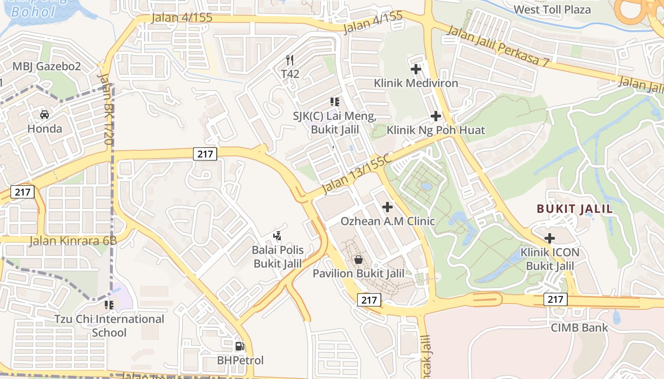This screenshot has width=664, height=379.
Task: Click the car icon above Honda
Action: pos(44,115)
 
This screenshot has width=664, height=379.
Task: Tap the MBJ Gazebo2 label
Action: pos(46,66)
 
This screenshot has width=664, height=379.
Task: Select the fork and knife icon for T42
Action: pos(290,60)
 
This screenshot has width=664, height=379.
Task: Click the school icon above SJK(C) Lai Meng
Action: pos(335,102)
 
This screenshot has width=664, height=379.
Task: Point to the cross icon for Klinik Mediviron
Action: pos(416,69)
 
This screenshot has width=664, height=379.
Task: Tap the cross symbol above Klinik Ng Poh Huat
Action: pos(435,116)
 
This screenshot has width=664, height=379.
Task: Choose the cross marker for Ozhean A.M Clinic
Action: pos(387,207)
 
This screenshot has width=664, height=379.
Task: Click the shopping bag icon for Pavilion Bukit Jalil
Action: pos(359,260)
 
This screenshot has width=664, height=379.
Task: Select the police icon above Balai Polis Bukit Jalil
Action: pos(277,235)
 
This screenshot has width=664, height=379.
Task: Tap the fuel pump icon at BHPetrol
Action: pos(240,346)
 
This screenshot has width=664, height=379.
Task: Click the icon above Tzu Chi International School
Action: pos(109,305)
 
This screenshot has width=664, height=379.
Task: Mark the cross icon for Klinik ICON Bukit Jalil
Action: pos(550,238)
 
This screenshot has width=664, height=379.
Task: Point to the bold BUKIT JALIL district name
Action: pos(574,208)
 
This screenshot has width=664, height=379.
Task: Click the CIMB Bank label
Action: pos(579,327)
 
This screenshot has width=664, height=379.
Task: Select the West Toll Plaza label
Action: pos(553,9)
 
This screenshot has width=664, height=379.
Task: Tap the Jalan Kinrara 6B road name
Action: pos(73,241)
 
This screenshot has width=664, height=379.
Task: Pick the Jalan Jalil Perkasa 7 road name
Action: pos(498,46)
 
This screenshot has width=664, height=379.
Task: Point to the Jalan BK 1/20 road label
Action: pos(106,109)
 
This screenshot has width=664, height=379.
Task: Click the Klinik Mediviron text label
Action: pos(416,83)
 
